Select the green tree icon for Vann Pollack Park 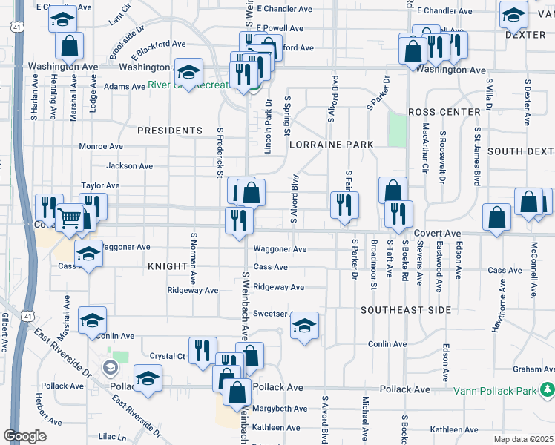(547, 389)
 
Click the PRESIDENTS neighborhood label (170, 131)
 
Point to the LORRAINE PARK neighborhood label (330, 145)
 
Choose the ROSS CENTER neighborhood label (444, 112)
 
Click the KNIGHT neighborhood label (167, 266)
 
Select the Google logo (24, 436)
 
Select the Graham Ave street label (533, 369)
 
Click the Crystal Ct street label (167, 356)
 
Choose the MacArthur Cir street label (425, 148)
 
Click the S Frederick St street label (220, 153)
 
